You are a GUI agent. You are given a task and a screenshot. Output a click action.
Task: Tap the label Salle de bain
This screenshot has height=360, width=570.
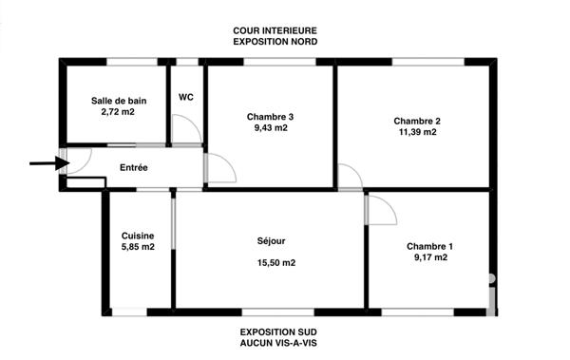click(119, 100)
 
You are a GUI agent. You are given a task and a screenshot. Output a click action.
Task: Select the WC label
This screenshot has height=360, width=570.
click(186, 97)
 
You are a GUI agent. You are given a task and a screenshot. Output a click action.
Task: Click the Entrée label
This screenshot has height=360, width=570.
click(134, 168)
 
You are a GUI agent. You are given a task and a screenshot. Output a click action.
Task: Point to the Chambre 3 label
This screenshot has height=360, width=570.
click(270, 117)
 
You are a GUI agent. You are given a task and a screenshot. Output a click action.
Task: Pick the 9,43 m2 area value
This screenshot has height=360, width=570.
click(270, 129)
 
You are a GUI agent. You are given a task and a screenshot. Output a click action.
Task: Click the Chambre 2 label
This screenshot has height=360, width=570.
click(417, 121)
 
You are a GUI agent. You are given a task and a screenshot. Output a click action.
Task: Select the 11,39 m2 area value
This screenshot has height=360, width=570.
click(417, 133)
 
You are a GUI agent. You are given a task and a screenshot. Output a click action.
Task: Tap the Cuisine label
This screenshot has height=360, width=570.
click(139, 236)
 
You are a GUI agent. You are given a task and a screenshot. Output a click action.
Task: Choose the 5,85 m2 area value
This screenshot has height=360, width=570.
click(139, 247)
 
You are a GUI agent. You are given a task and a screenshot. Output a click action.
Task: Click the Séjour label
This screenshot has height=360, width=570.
click(271, 241)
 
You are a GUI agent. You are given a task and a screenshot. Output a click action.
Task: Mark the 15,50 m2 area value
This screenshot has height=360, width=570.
click(275, 263)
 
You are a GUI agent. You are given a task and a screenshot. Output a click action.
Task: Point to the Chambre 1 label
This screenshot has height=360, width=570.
click(429, 246)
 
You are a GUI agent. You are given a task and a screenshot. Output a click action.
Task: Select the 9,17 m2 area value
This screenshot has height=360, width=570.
click(429, 257)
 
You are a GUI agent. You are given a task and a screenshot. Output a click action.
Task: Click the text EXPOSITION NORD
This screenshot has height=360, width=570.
click(275, 43)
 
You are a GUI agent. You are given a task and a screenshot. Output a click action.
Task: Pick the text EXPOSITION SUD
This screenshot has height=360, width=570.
click(275, 331)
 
